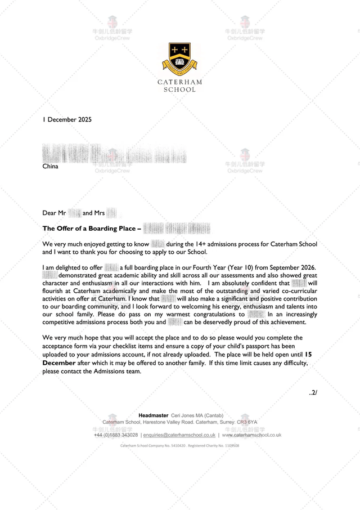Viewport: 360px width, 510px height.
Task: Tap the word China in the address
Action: (x=50, y=166)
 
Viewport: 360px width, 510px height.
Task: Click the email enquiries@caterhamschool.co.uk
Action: (x=179, y=435)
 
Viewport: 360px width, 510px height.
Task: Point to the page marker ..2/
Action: (x=313, y=392)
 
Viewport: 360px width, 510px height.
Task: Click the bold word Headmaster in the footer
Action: (x=153, y=415)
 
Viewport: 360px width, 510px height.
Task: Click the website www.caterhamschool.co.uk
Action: (x=251, y=435)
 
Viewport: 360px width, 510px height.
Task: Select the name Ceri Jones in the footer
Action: (x=185, y=415)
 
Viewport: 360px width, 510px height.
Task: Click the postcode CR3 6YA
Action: (x=247, y=422)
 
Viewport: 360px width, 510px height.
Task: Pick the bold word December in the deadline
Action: (x=59, y=364)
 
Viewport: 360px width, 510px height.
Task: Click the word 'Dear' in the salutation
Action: (x=49, y=213)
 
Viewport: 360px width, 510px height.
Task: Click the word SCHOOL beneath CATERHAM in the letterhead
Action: (x=179, y=90)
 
